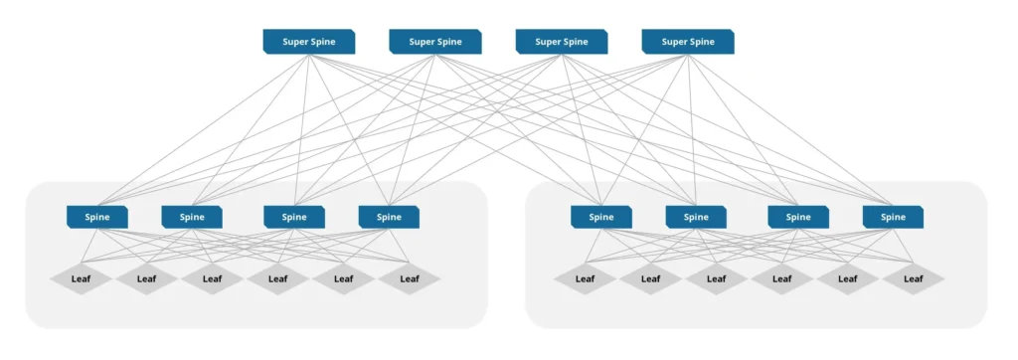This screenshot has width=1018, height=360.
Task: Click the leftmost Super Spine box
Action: (309, 42)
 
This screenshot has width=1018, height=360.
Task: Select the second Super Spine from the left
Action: (435, 42)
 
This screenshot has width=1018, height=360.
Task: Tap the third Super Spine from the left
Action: (562, 42)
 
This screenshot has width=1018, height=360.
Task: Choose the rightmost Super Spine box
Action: (688, 42)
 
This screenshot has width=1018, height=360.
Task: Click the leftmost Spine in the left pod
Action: (96, 217)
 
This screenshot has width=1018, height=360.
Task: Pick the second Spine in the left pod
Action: (192, 217)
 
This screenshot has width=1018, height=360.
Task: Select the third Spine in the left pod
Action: (294, 217)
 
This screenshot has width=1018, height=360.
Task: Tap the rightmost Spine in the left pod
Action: (389, 217)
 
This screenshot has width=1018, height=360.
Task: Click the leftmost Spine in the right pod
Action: (600, 217)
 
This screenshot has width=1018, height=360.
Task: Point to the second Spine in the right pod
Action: (696, 217)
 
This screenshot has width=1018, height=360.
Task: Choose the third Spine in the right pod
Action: (798, 217)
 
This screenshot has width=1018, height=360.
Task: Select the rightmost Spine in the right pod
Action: (893, 217)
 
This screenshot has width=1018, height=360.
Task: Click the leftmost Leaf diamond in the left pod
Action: (81, 279)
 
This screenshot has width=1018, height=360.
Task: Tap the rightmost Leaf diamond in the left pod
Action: (409, 279)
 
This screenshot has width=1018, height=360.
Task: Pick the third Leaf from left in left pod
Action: (212, 279)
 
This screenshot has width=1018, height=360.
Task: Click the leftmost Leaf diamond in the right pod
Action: (585, 279)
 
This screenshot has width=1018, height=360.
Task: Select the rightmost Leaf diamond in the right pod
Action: (913, 279)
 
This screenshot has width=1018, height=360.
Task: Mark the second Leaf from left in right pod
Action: (650, 279)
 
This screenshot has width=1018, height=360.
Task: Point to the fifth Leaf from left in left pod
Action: (343, 279)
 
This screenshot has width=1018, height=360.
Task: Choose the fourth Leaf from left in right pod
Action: (781, 279)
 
